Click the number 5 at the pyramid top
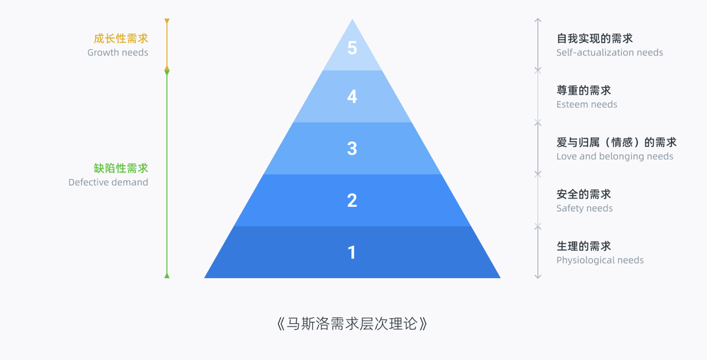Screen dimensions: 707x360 coord(352,49)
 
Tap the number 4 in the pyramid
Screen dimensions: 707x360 coord(352,97)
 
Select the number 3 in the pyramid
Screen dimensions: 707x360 coord(352,148)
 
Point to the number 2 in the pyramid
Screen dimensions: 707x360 coord(352,200)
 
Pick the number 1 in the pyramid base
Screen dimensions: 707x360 coord(352,253)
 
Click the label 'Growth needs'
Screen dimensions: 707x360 coord(118,52)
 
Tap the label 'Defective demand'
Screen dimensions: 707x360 coord(108,182)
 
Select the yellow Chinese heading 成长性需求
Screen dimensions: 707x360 coord(121,39)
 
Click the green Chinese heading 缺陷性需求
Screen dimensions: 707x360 coord(121,168)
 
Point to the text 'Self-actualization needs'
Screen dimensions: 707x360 coord(609,52)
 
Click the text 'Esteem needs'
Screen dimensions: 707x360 coord(587,104)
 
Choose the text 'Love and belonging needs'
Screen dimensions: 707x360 coord(614,156)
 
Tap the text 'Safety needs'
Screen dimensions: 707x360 coord(584,208)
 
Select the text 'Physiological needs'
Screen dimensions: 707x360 coord(600,260)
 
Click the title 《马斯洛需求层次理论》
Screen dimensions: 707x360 coord(352,323)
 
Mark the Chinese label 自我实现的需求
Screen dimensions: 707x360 coord(595,39)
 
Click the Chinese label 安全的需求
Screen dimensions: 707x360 coord(584,194)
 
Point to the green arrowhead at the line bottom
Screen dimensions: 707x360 coord(167,276)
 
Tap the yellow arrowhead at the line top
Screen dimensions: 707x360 coord(167,21)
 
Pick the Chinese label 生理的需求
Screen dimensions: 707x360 coord(584,246)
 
